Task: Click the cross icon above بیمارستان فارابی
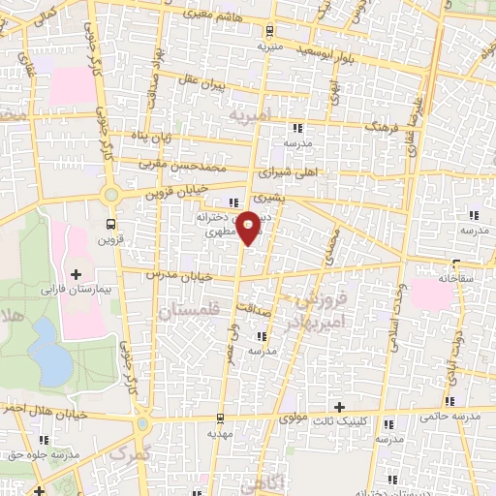[x=77, y=275]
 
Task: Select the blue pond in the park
[x=44, y=339]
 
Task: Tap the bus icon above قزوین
[x=109, y=225]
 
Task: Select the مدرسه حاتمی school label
[x=450, y=416]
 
